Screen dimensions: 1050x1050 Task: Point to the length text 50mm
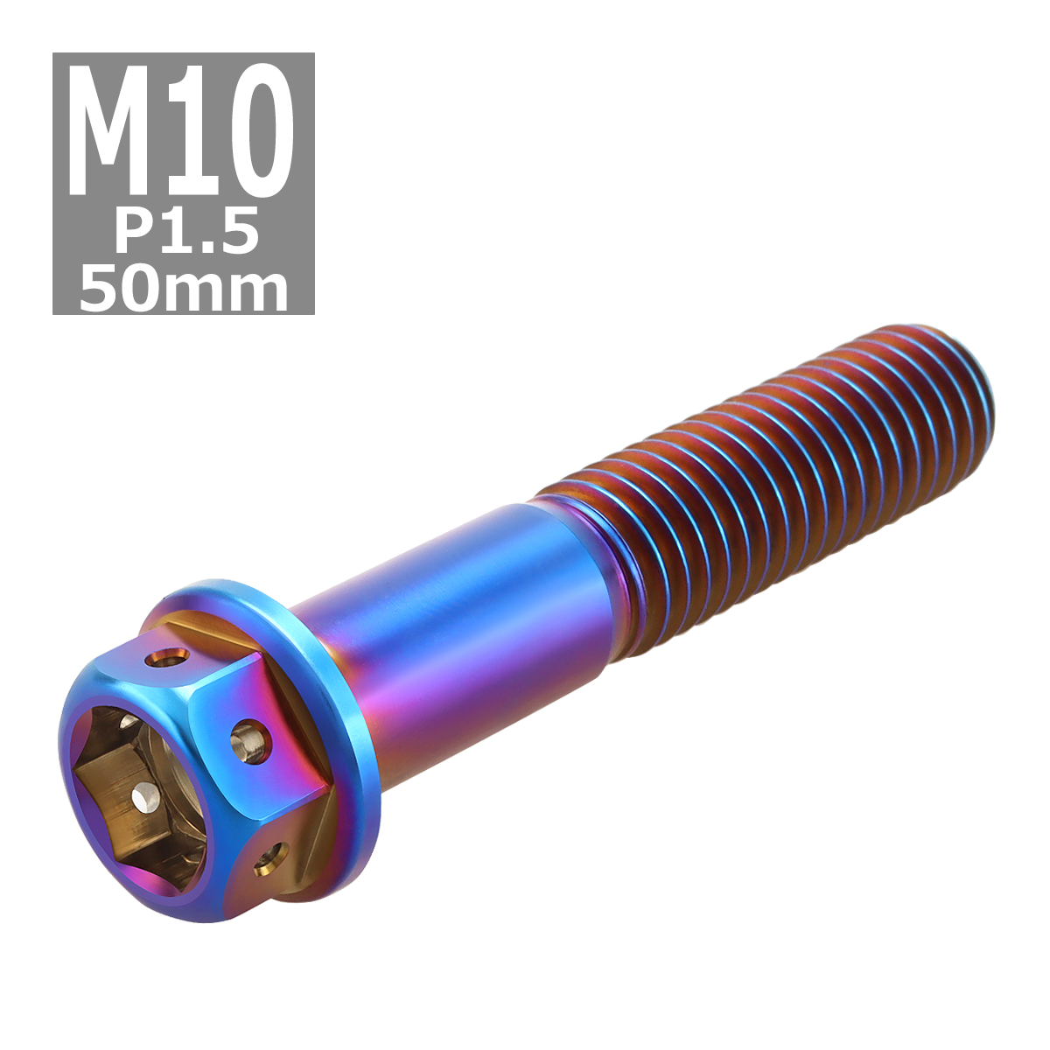click(x=184, y=290)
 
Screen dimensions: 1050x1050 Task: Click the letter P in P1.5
click(x=134, y=234)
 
